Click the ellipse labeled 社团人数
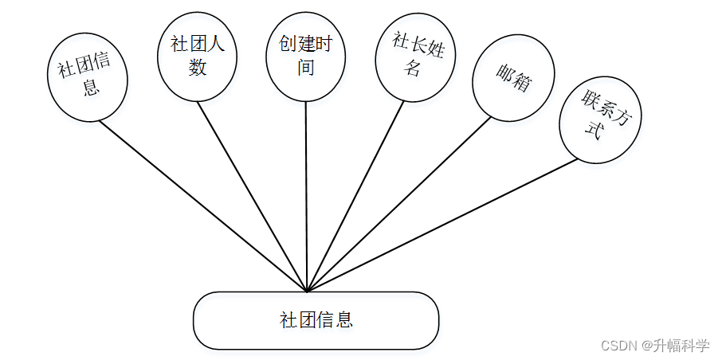[197, 56]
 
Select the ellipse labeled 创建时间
[306, 56]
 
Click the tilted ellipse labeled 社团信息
[88, 77]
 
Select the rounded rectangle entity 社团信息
[316, 320]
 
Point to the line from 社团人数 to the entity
[251, 195]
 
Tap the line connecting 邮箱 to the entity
[398, 203]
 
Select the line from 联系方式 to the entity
[442, 225]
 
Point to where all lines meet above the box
[306, 290]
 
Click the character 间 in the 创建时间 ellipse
[306, 68]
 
